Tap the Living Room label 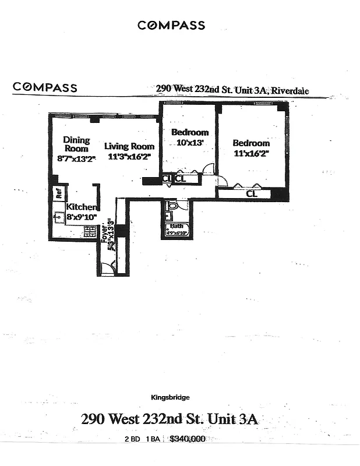pos(129,146)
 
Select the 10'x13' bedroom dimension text pos(189,143)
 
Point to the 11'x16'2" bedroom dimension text pos(251,154)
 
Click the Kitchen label pos(81,207)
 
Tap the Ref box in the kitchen pos(59,193)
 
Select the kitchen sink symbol pos(58,219)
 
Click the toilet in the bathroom pos(172,206)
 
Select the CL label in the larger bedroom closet pos(252,193)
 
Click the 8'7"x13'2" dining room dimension pos(76,158)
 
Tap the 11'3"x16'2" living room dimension pos(129,157)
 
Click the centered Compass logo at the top pos(171,25)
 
